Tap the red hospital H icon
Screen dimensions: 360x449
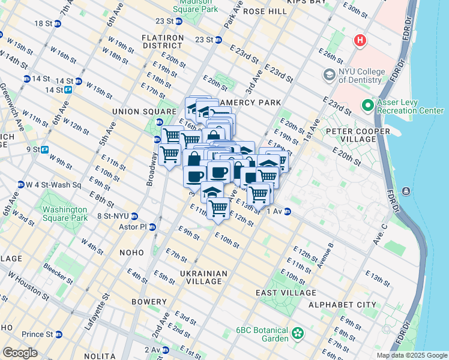(360, 41)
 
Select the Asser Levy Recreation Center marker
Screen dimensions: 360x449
(368, 106)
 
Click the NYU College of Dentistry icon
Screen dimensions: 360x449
(330, 75)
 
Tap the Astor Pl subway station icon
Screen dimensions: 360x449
(152, 227)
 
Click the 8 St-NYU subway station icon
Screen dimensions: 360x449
(135, 217)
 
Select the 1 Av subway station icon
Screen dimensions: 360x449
(288, 211)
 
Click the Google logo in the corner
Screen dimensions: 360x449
(20, 353)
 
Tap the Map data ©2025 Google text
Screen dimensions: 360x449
(411, 355)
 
